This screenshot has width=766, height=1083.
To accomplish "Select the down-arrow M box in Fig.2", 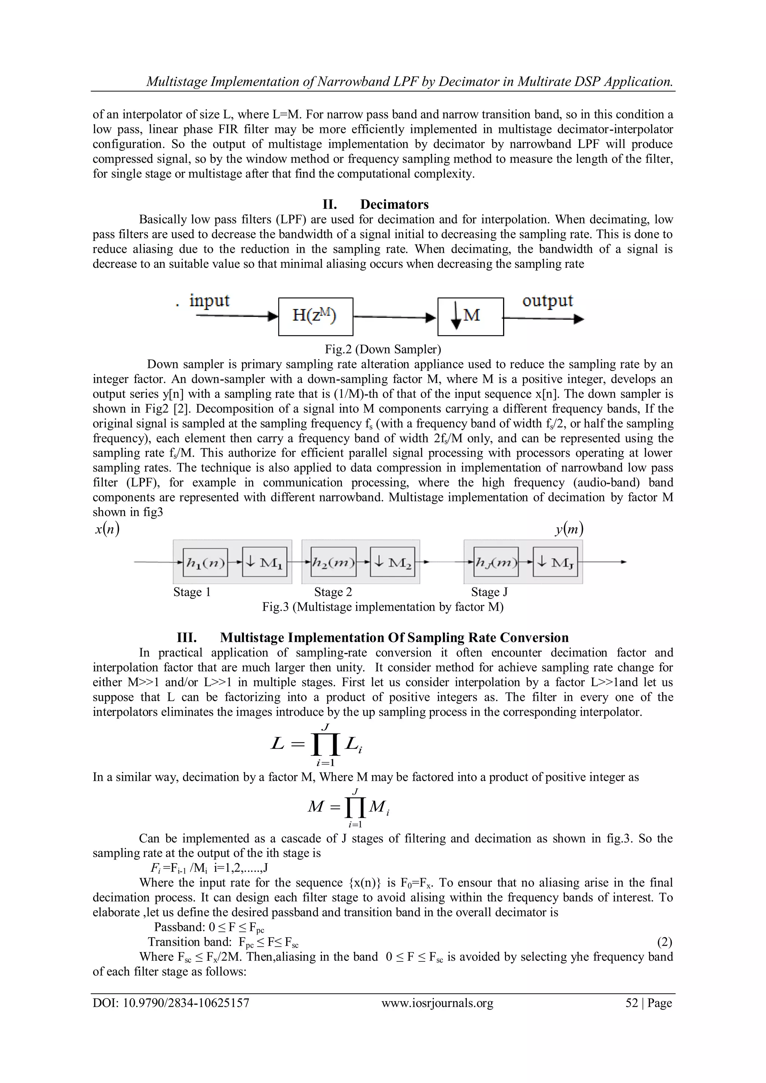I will (x=470, y=316).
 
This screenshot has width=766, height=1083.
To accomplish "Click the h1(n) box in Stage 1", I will (x=205, y=562).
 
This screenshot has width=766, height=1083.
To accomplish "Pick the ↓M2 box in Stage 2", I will (x=392, y=562).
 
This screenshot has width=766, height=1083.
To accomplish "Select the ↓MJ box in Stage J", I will (x=555, y=562).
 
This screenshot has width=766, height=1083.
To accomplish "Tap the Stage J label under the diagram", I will (x=489, y=592).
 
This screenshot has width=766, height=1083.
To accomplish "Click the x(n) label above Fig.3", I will (x=107, y=530).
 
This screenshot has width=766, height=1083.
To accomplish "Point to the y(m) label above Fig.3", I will (x=569, y=530).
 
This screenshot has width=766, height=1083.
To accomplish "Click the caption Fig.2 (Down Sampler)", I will (x=383, y=350).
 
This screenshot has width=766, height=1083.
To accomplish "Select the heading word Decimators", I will (x=394, y=204).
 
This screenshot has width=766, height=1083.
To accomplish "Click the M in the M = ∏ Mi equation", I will (x=315, y=807).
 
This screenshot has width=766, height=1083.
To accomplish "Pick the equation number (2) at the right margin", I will (x=664, y=942).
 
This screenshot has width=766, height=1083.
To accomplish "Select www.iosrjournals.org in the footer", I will (x=437, y=1003).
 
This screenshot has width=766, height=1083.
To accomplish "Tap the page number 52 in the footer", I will (x=632, y=1003).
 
